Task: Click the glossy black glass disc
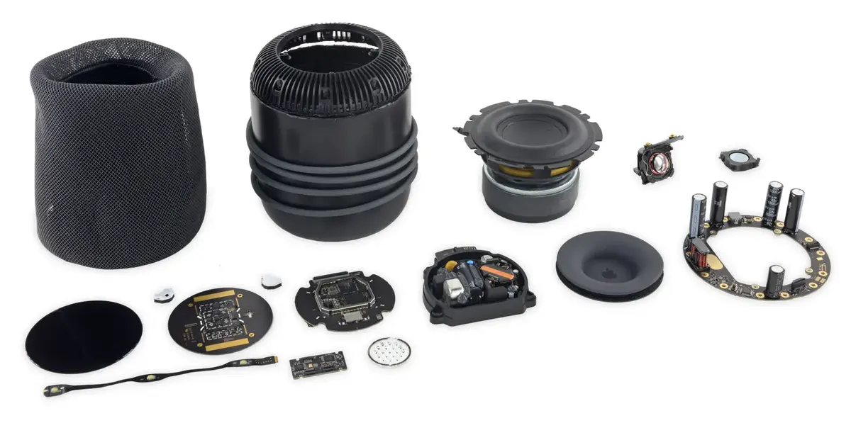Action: tap(84, 337)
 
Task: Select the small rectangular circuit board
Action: tap(318, 363)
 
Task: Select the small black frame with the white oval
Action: tap(738, 159)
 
